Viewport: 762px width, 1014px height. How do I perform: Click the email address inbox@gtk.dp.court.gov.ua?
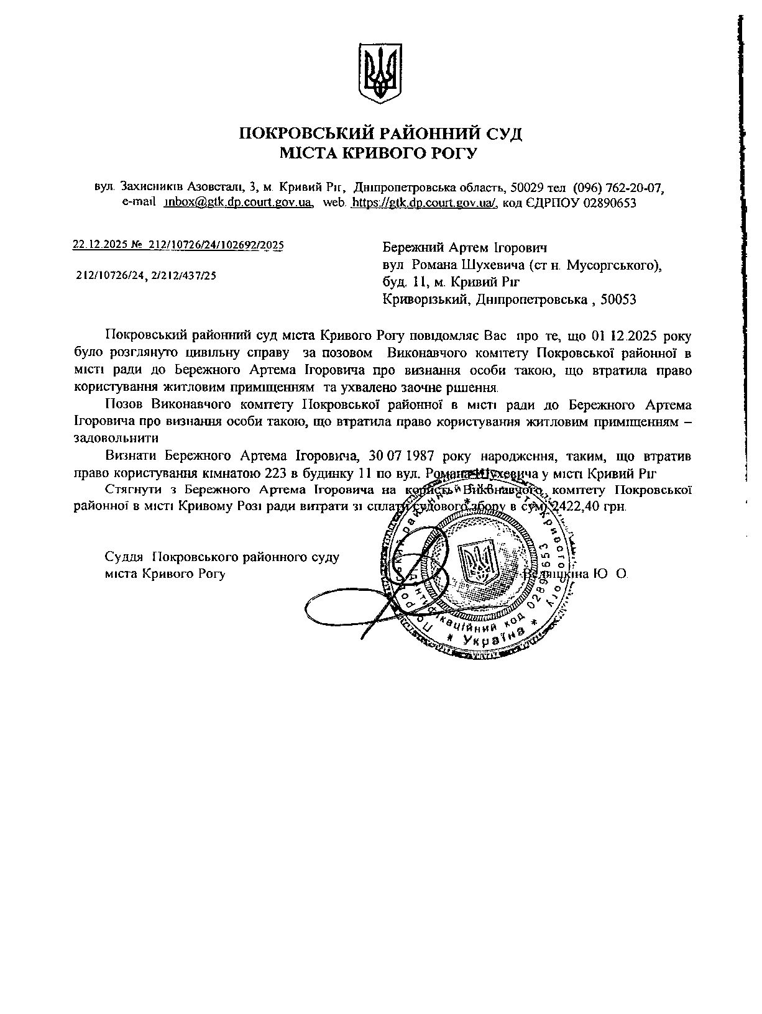coord(238,203)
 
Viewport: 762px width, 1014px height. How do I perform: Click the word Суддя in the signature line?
coord(124,556)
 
